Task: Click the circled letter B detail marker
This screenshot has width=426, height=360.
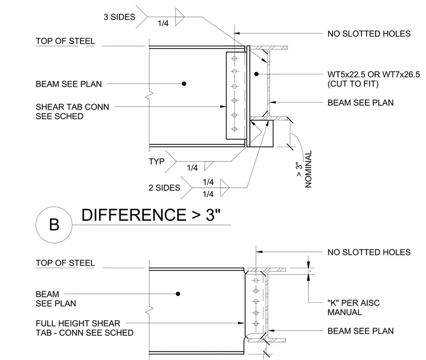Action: pos(54,225)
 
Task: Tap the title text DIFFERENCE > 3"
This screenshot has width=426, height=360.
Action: pos(151,215)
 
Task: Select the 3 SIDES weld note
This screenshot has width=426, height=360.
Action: pos(119,17)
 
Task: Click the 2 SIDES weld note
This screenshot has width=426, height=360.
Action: pos(164,188)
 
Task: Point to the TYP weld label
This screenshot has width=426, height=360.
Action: pos(156,162)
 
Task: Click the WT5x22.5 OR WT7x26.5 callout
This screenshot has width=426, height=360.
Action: pos(373,74)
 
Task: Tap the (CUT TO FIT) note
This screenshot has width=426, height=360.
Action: pos(353,84)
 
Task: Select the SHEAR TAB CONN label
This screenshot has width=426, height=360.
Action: pos(72,107)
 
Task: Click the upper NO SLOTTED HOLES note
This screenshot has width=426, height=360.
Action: pos(369,34)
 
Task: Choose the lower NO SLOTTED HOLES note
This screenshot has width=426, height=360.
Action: pos(369,253)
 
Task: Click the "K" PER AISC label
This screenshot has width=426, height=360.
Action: pos(354,303)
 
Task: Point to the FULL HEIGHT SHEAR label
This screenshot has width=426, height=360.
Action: pos(78,324)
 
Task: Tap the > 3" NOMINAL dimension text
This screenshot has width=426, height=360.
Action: pos(304,169)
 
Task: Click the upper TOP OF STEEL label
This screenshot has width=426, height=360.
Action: pos(65,41)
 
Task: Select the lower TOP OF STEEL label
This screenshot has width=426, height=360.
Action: pos(65,263)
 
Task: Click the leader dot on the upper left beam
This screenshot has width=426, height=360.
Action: pos(184,83)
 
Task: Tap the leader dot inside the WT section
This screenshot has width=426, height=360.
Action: pos(257,74)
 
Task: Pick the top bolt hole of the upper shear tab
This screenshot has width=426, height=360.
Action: pos(234,58)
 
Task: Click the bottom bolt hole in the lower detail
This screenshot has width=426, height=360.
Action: pos(256,324)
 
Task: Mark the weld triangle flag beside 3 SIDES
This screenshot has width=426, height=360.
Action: pos(179,17)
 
